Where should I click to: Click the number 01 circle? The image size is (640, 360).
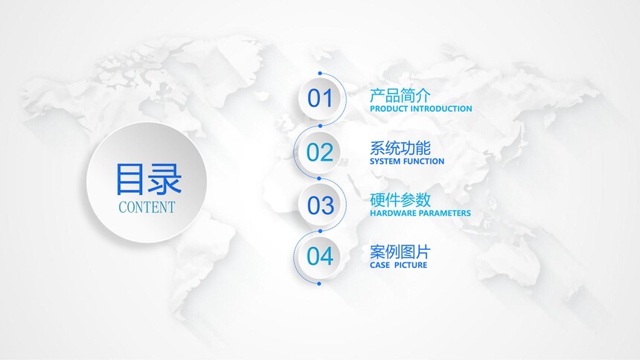(321, 99)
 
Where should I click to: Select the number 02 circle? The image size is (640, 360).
(319, 152)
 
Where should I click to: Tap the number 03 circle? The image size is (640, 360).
(321, 205)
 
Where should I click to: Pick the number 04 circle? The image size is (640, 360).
(319, 257)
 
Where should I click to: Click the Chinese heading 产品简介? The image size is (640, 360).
(400, 95)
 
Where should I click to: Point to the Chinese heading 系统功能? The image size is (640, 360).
(400, 148)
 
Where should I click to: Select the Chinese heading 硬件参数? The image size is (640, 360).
(400, 200)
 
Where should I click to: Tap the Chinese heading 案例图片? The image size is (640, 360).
(400, 252)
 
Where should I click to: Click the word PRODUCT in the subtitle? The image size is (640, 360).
(388, 109)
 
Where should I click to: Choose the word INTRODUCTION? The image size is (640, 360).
(441, 109)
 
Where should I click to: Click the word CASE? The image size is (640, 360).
(380, 265)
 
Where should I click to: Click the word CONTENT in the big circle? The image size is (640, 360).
(147, 208)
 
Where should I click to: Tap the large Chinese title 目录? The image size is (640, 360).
(148, 179)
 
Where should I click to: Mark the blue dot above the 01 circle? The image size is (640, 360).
(320, 74)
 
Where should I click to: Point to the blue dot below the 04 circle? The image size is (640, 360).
(319, 283)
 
